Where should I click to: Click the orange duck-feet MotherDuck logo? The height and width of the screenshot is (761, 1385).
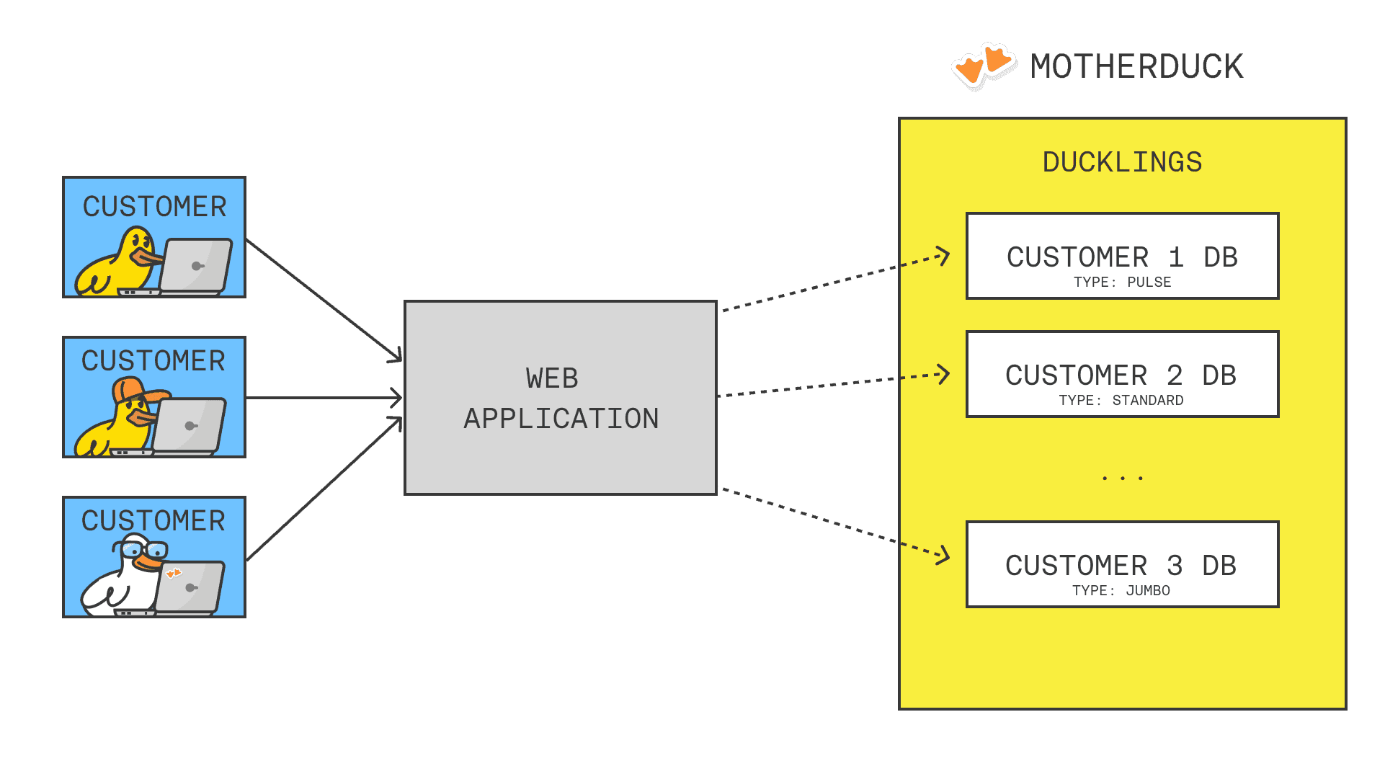point(983,65)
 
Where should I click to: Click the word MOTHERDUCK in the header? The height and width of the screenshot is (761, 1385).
point(1136,66)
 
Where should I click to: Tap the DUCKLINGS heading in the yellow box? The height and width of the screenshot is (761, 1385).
point(1122,162)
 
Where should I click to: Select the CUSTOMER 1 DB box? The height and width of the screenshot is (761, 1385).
point(1122,256)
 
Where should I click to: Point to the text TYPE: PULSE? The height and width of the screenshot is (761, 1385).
point(1122,282)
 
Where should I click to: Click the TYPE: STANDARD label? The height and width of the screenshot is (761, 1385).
point(1121,400)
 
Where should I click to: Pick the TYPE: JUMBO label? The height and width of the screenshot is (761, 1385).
point(1121,590)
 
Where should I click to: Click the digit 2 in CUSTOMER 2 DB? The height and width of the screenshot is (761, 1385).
point(1175,375)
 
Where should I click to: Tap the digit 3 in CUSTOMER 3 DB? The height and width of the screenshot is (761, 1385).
point(1175,566)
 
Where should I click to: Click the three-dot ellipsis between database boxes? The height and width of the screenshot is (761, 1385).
point(1122,478)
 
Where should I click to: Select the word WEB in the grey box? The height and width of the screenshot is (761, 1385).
point(552,378)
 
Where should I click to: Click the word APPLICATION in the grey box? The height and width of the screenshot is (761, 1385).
point(561,419)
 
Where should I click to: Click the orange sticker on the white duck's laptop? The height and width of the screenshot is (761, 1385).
point(174,574)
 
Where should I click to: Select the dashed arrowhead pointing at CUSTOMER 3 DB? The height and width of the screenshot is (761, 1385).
point(943,556)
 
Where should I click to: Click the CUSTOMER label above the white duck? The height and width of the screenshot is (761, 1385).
point(153,520)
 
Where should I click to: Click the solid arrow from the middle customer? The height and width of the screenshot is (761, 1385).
point(324,397)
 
